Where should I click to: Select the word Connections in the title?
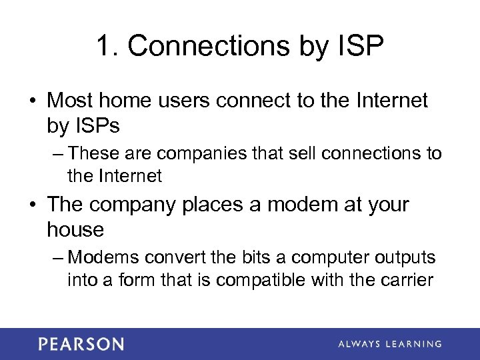(207, 46)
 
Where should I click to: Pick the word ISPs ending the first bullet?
(86, 126)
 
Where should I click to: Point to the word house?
(75, 229)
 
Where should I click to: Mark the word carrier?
(407, 279)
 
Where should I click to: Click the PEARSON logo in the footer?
(81, 344)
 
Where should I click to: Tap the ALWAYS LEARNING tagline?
(389, 344)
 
